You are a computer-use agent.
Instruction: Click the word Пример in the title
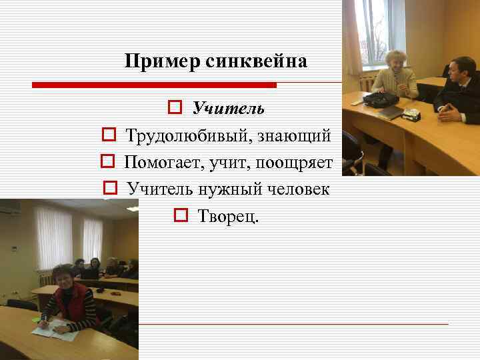pos(156,63)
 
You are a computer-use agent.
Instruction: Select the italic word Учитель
pos(228,108)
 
